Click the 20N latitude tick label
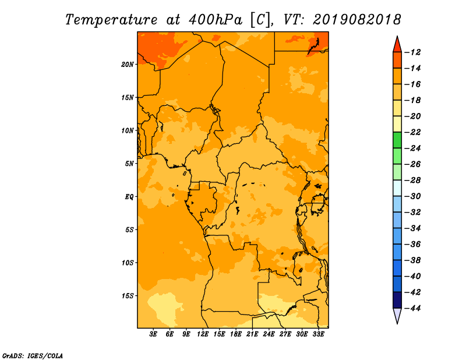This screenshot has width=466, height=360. tap(127, 65)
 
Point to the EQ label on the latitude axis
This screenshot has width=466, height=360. tap(129, 197)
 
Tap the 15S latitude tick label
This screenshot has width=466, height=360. tap(127, 296)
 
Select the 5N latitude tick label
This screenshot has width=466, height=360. tap(129, 164)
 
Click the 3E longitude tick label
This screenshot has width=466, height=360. tap(153, 334)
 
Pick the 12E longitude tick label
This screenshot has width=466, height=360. tap(203, 334)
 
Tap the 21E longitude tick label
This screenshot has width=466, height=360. tap(252, 334)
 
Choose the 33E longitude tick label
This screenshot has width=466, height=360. tap(318, 334)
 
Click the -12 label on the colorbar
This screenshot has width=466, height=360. tap(413, 52)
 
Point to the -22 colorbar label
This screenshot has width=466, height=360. tap(413, 132)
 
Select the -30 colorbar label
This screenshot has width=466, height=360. tap(413, 196)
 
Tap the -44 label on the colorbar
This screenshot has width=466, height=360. tap(413, 308)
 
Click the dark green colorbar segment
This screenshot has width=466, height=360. tap(397, 140)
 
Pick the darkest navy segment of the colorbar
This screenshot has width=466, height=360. tap(397, 300)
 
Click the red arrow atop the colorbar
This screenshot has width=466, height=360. tap(397, 44)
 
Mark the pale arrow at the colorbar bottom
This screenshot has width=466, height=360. tap(397, 316)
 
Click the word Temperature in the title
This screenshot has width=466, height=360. tap(111, 20)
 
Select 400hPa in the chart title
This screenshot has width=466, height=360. tap(216, 20)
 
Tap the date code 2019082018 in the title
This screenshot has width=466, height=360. tap(357, 20)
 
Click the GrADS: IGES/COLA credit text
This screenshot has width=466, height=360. tap(33, 356)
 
